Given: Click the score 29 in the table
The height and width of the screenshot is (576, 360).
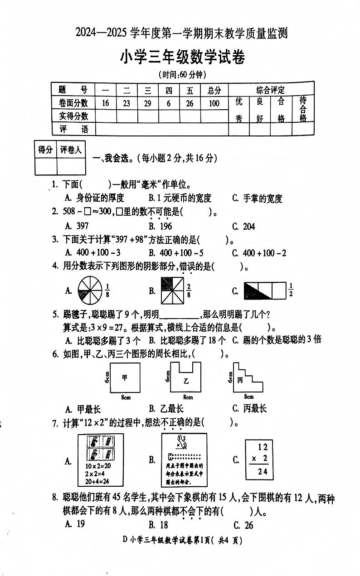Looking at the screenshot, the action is click(147, 103).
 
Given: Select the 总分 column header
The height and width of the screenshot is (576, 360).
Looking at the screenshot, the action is click(214, 90).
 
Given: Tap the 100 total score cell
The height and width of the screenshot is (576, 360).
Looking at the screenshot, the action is click(214, 103).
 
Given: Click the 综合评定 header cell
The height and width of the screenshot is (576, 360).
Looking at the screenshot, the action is click(271, 90).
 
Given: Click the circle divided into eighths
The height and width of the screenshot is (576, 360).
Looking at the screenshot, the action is click(90, 290).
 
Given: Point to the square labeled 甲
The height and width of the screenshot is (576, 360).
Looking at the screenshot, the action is click(125, 378).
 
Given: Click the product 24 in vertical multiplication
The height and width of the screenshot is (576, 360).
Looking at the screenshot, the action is click(262, 471).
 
